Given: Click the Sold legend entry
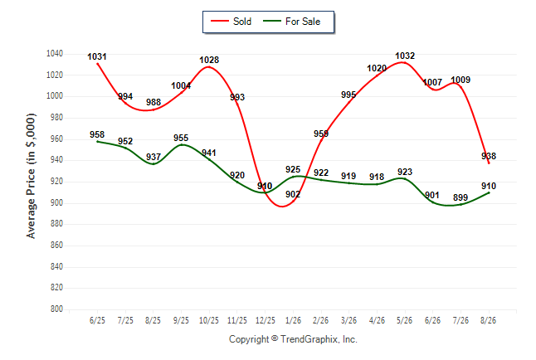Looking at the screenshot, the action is (x=231, y=22).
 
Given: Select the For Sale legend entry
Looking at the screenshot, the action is (x=291, y=22).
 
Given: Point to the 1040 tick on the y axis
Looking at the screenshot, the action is (x=55, y=53).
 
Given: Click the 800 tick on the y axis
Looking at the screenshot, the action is (x=56, y=309).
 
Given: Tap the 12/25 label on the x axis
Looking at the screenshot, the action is (x=266, y=320).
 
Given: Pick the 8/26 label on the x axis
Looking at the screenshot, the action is (x=488, y=320).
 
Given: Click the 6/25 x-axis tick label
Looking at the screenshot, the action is (x=97, y=320).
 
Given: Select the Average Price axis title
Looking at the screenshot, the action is (x=31, y=176).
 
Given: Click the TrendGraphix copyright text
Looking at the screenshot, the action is (x=293, y=339).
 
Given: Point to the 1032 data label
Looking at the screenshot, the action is (x=405, y=56).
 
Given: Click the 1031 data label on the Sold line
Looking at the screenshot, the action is (x=97, y=56).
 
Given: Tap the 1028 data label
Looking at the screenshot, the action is (x=209, y=60).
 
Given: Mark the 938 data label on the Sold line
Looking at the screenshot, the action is (x=489, y=156).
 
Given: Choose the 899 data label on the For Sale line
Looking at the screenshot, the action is (x=460, y=197).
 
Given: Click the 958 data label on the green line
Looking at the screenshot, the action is (x=97, y=134).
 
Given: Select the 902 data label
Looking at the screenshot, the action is (x=293, y=194).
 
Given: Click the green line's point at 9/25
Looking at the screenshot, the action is (x=181, y=145).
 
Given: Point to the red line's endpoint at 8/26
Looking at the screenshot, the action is (x=489, y=163).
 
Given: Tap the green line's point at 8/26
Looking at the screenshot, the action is (x=489, y=192).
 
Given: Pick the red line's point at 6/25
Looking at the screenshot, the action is (x=97, y=64).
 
